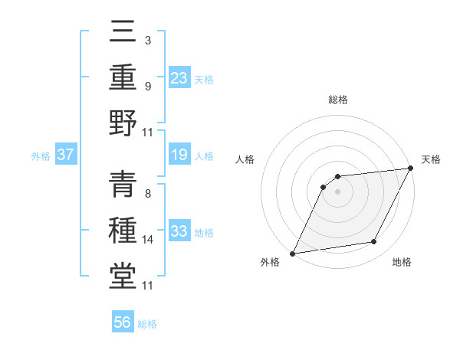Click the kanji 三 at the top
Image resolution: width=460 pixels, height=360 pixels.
[x=123, y=32]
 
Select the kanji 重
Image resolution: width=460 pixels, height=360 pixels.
[x=123, y=77]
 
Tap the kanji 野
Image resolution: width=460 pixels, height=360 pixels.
[x=123, y=123]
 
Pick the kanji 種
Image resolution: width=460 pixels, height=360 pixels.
[x=123, y=230]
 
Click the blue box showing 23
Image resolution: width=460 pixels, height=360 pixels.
[x=179, y=77]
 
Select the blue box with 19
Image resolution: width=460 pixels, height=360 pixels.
[x=179, y=155]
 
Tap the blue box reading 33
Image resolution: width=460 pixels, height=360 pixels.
[x=179, y=231]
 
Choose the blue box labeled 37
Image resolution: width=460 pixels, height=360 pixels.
[x=66, y=155]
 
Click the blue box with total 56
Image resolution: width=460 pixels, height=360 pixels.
[x=123, y=322]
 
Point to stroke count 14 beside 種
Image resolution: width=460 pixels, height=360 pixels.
[x=148, y=240]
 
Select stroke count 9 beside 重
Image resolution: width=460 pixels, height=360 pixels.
[x=147, y=85]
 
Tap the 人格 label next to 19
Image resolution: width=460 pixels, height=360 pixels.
[x=204, y=156]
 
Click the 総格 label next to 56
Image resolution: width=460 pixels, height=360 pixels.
[x=148, y=323]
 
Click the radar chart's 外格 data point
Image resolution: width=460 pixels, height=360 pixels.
[x=293, y=254]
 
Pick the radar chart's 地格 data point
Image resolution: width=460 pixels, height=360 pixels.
[x=374, y=242]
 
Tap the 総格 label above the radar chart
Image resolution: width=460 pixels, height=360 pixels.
[x=338, y=100]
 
